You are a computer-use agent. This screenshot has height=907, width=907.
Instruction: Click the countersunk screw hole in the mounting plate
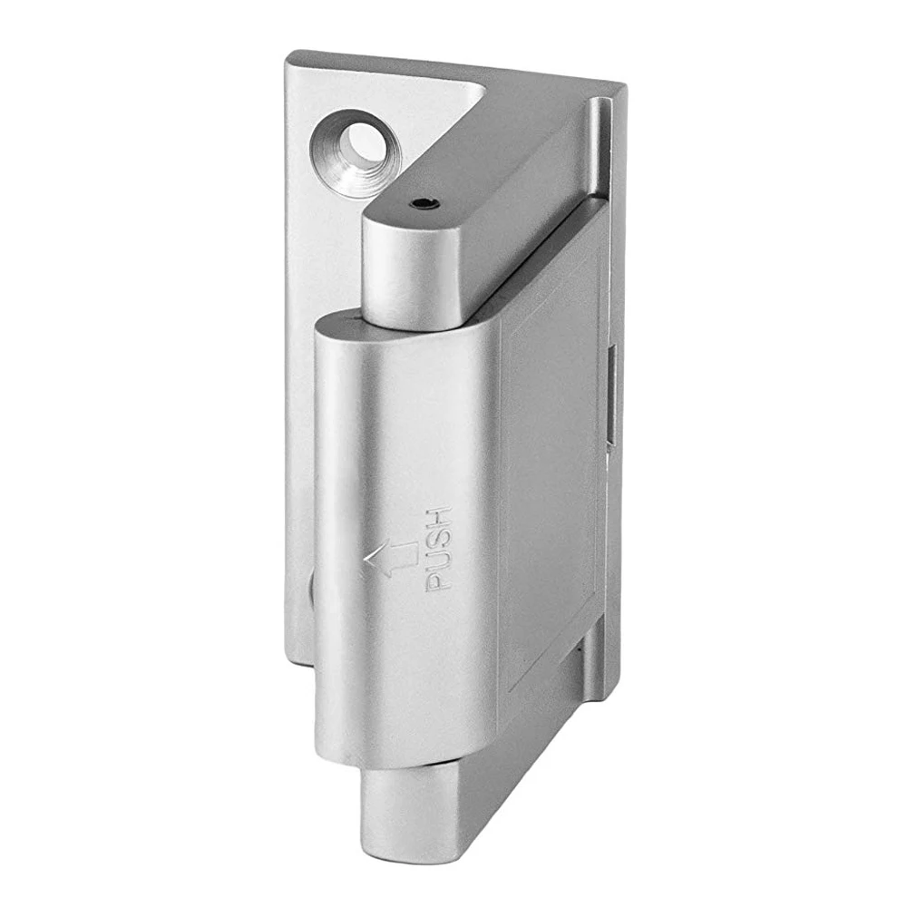point(356,153)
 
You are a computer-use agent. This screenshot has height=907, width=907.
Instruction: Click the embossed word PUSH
point(438,550)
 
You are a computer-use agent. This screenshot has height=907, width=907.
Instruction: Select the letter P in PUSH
point(438,581)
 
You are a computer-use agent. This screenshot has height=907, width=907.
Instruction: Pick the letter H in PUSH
point(438,517)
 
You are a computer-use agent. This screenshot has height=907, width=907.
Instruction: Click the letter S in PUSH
point(438,538)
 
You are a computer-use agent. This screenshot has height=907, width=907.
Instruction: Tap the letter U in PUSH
point(438,560)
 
